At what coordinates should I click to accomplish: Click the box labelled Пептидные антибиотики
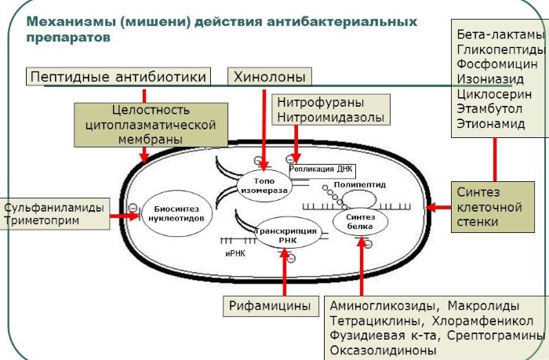pyautogui.click(x=118, y=76)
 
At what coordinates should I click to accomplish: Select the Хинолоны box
pyautogui.click(x=269, y=76)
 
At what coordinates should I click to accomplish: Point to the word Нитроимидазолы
pyautogui.click(x=330, y=118)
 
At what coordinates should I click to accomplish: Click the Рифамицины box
pyautogui.click(x=270, y=306)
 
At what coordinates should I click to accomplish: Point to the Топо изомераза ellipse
pyautogui.click(x=264, y=186)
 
